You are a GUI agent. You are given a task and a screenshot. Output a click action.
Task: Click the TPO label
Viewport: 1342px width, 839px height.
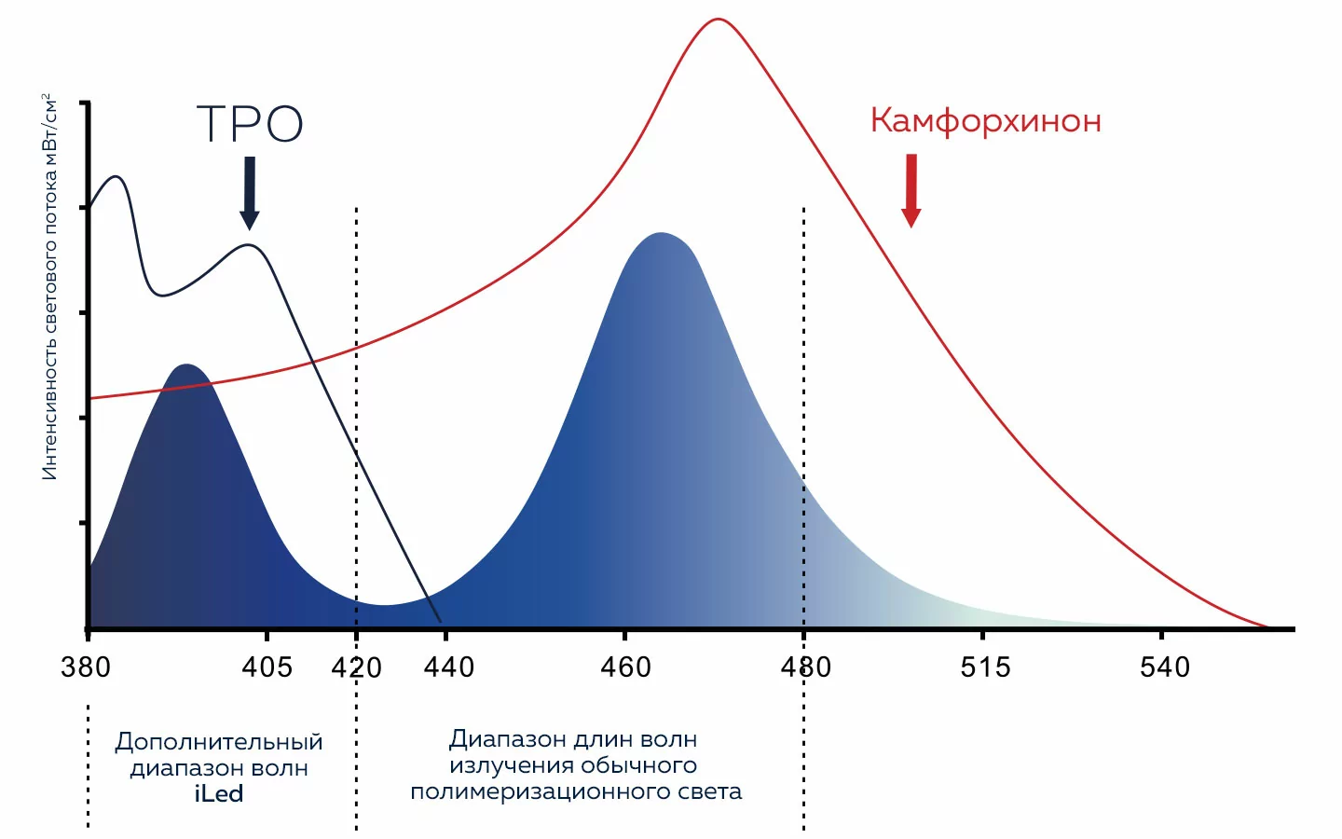point(250,124)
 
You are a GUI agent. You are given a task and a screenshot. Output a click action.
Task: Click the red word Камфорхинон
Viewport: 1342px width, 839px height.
point(985,121)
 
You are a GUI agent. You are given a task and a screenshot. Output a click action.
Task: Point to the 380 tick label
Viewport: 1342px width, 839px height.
point(86,667)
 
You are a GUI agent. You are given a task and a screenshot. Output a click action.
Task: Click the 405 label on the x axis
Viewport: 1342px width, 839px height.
point(267,667)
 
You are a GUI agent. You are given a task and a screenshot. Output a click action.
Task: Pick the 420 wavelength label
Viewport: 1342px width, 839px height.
point(357,667)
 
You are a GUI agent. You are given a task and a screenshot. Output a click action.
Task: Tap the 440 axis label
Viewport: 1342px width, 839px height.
point(449,667)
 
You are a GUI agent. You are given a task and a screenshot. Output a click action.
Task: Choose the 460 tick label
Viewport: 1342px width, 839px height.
point(626,667)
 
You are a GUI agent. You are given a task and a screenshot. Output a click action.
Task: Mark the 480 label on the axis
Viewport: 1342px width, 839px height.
point(806,667)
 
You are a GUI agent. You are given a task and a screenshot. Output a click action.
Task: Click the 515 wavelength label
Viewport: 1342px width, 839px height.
point(985,667)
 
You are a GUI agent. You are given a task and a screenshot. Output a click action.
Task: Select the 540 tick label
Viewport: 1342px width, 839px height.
point(1165,667)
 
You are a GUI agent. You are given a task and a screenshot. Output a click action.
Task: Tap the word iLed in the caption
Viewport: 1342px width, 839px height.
point(219,794)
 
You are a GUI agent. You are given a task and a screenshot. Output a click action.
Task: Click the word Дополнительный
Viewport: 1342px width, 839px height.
point(219,742)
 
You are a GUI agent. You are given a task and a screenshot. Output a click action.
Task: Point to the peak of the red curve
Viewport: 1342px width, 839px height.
point(718,19)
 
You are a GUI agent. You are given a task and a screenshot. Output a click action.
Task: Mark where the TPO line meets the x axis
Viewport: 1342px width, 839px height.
point(439,622)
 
